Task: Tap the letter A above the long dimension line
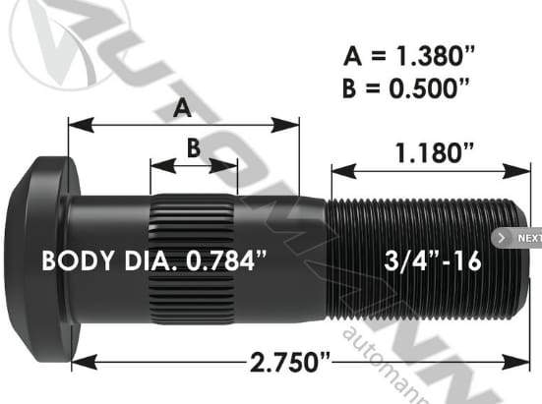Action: [181, 109]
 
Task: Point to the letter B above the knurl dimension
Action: [193, 148]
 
